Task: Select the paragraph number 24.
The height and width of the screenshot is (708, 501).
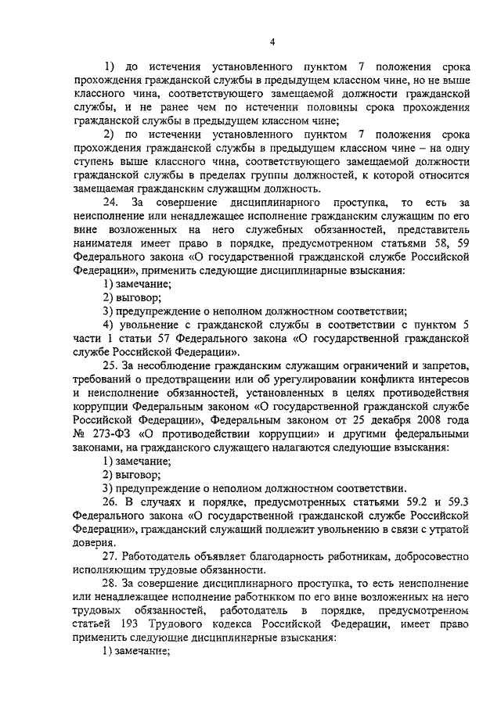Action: click(111, 203)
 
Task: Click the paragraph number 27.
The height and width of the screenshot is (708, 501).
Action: click(111, 556)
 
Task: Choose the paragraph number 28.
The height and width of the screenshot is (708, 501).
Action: click(111, 584)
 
